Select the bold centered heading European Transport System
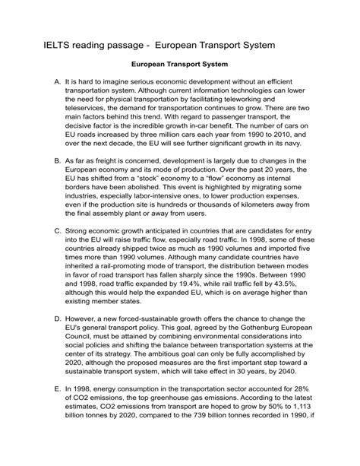tap(180, 65)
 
